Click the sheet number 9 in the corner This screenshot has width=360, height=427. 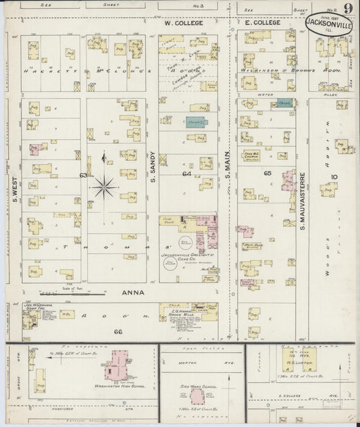tap(346, 9)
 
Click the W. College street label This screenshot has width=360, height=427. tap(180, 22)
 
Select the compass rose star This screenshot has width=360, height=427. tap(103, 186)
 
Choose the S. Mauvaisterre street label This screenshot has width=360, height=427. tap(303, 200)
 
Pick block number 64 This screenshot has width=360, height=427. tap(186, 174)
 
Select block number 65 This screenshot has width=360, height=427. tap(267, 174)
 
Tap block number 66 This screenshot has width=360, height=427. tap(118, 332)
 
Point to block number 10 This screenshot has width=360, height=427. tap(334, 177)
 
